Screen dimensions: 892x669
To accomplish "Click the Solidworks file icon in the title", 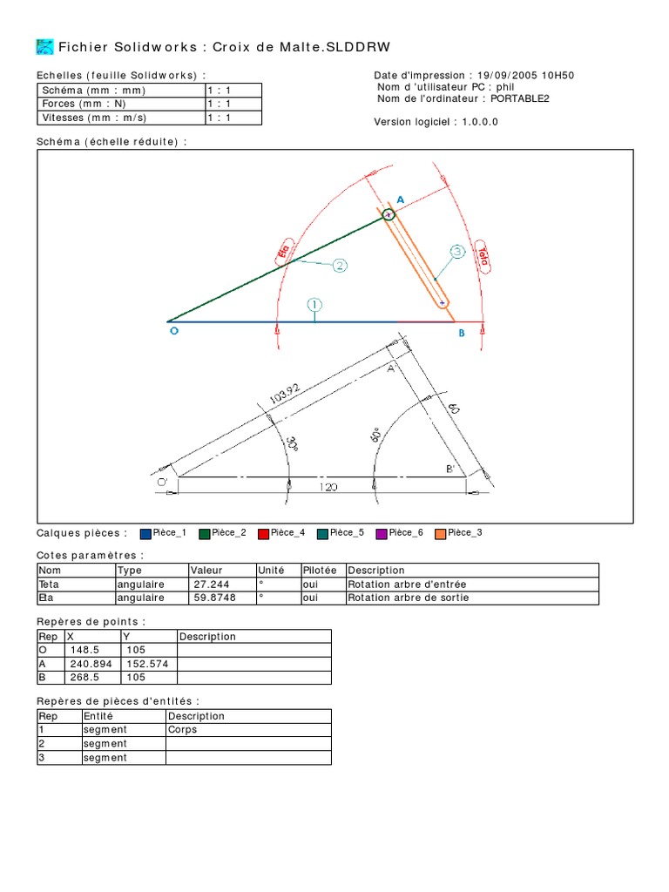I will click(x=44, y=47).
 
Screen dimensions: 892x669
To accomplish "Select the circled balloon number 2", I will click(x=339, y=265).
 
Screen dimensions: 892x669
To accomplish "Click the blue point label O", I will click(x=172, y=331).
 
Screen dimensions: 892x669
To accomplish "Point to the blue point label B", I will click(x=461, y=332).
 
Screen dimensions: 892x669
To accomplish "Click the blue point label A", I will click(x=401, y=199).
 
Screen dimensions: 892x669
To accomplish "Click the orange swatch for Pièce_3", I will click(x=440, y=533).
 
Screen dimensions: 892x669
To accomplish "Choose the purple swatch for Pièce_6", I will click(x=381, y=533).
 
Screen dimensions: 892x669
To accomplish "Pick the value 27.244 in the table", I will click(x=212, y=585).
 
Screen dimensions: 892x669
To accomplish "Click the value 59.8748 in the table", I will click(x=215, y=598).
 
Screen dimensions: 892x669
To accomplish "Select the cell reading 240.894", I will click(x=88, y=664).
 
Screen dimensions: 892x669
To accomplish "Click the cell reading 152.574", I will click(x=139, y=664).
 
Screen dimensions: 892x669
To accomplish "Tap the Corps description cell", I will click(x=182, y=730).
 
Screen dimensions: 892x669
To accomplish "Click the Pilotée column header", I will click(x=319, y=571).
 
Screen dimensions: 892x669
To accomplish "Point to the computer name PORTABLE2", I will click(x=520, y=98).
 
